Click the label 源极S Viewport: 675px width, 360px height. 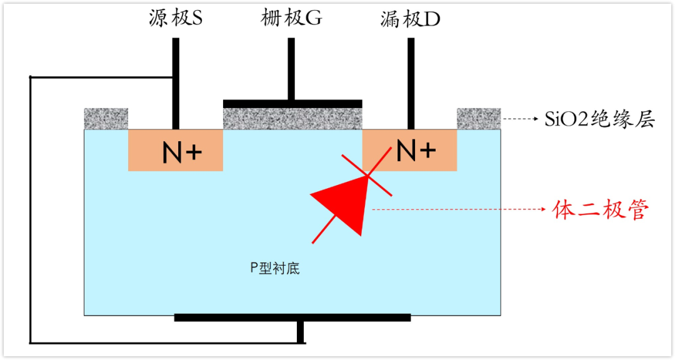(x=176, y=19)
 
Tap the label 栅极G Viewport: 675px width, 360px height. (x=291, y=19)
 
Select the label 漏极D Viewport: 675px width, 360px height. (x=411, y=19)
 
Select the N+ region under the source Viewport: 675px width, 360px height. (x=175, y=151)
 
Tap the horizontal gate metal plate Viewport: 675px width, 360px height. (x=292, y=103)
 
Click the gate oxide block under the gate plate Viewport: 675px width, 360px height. (x=292, y=119)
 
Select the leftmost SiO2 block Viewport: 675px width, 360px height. (x=106, y=118)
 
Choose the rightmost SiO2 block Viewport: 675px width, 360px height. (x=479, y=118)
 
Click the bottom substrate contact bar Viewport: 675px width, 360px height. (x=292, y=317)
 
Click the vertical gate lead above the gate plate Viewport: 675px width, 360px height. (x=291, y=69)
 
